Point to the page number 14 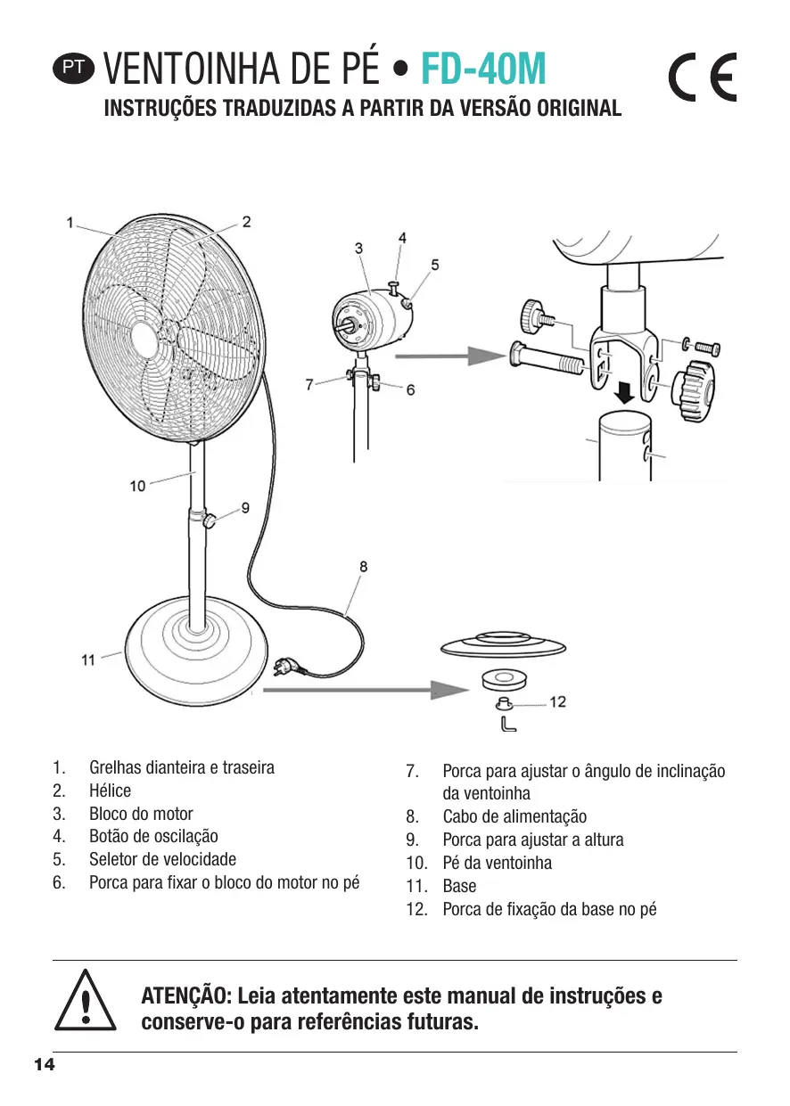coord(44,1066)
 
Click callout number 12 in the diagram coord(557,702)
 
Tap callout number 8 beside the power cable coord(363,566)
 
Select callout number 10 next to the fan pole coord(137,486)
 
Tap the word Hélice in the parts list coord(110,791)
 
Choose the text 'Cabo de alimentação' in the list coord(514,817)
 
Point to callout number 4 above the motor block coord(402,238)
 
